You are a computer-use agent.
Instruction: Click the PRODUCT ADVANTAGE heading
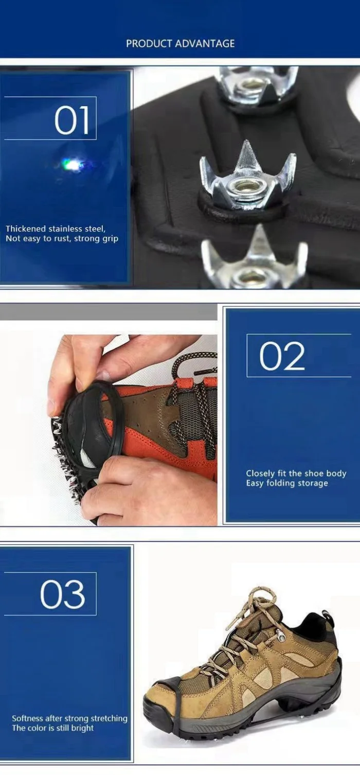pyautogui.click(x=180, y=44)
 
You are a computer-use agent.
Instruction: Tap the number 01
pyautogui.click(x=71, y=120)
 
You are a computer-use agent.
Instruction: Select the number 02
pyautogui.click(x=282, y=356)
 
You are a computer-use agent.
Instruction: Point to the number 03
pyautogui.click(x=63, y=594)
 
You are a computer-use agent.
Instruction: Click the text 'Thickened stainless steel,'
pyautogui.click(x=56, y=228)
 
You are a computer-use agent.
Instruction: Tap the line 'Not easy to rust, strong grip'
pyautogui.click(x=62, y=239)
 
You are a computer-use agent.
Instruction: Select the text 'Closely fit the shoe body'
pyautogui.click(x=296, y=473)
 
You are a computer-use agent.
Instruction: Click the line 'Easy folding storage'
pyautogui.click(x=287, y=483)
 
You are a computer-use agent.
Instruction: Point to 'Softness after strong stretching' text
pyautogui.click(x=69, y=718)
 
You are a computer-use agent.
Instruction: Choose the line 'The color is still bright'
pyautogui.click(x=53, y=728)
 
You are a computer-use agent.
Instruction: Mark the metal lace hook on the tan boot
pyautogui.click(x=281, y=632)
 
